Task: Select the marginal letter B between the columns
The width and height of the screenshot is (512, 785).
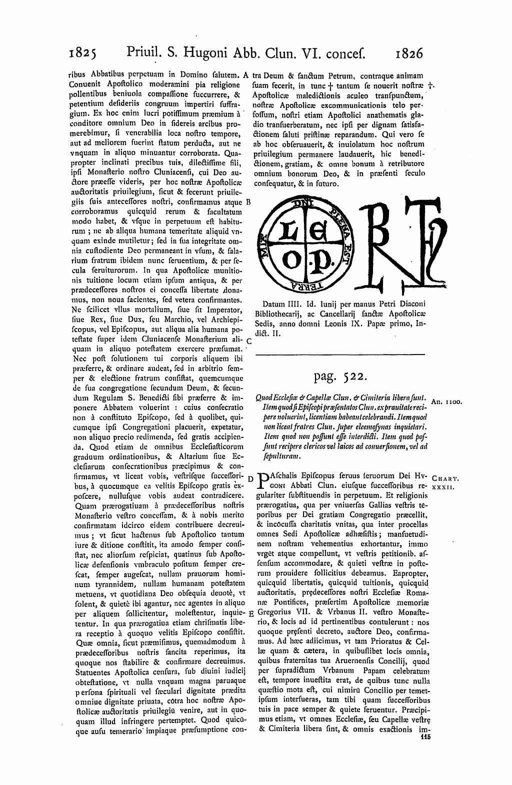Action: pos(249,202)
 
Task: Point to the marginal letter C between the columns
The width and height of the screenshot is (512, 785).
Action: pos(249,340)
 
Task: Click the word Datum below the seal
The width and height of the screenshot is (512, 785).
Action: pos(274,304)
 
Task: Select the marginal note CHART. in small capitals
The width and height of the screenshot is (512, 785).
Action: pos(444,478)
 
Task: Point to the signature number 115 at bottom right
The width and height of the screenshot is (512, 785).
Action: pos(426,736)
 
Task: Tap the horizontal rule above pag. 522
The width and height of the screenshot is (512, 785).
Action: pos(340,355)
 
